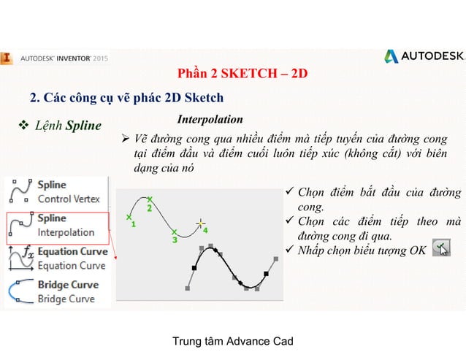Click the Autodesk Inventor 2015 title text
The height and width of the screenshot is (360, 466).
tap(64, 55)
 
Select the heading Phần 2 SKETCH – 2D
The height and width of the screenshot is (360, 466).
tap(242, 74)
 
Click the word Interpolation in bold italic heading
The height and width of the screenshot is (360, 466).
tap(210, 119)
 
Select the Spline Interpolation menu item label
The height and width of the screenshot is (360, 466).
tap(66, 225)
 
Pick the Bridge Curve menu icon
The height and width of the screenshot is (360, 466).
tap(18, 291)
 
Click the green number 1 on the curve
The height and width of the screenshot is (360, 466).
tap(134, 225)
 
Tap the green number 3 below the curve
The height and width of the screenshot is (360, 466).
tap(174, 239)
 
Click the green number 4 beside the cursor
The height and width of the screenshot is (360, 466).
tap(206, 230)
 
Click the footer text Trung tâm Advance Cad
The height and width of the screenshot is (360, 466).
tap(232, 342)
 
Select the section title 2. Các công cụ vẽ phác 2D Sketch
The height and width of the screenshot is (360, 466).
tap(126, 98)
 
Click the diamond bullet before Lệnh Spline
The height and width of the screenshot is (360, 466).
tap(23, 126)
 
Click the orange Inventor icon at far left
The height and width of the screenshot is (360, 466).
tap(6, 56)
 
